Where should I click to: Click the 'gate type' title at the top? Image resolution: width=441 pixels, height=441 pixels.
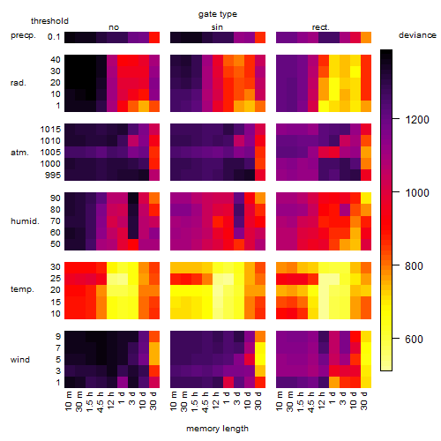pyautogui.click(x=218, y=14)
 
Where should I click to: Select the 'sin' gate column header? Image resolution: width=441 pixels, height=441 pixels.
pyautogui.click(x=217, y=27)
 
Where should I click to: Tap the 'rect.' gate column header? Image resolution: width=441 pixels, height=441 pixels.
pyautogui.click(x=321, y=27)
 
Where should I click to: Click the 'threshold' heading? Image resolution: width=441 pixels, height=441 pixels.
pyautogui.click(x=49, y=21)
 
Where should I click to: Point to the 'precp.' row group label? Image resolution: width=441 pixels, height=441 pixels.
pyautogui.click(x=23, y=35)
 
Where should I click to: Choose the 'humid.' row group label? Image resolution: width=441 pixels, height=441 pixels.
pyautogui.click(x=25, y=221)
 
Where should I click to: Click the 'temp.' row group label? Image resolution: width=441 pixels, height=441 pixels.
pyautogui.click(x=22, y=289)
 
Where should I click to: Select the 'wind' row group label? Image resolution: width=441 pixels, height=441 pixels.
pyautogui.click(x=20, y=360)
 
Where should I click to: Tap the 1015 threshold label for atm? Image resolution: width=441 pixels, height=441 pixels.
pyautogui.click(x=50, y=130)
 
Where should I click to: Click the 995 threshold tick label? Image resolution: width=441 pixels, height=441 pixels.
pyautogui.click(x=53, y=176)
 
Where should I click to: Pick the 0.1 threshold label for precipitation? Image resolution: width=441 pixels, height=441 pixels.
pyautogui.click(x=54, y=37)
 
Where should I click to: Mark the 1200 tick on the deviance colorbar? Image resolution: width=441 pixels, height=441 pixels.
pyautogui.click(x=417, y=120)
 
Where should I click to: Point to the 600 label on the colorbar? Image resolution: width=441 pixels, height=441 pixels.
pyautogui.click(x=414, y=339)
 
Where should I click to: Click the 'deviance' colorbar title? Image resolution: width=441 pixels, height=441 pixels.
pyautogui.click(x=417, y=35)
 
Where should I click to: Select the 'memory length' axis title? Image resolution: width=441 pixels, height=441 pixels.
pyautogui.click(x=218, y=429)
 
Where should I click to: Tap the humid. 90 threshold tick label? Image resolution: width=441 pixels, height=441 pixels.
pyautogui.click(x=56, y=198)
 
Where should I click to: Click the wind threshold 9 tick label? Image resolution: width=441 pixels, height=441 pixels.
pyautogui.click(x=58, y=337)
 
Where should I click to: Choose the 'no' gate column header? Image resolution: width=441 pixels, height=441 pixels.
pyautogui.click(x=114, y=27)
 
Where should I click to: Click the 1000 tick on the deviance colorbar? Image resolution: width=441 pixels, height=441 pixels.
pyautogui.click(x=417, y=193)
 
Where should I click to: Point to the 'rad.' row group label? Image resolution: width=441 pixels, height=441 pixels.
pyautogui.click(x=19, y=83)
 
